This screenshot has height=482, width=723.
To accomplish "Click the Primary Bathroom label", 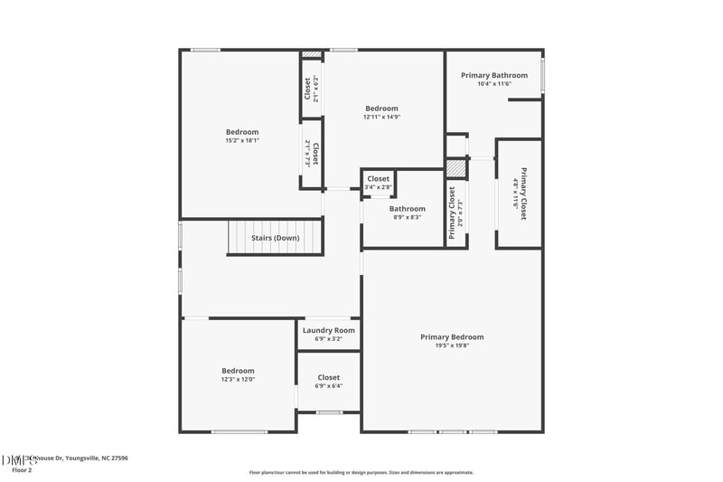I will point(493,75).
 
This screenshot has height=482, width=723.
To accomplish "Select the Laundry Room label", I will point(329,330).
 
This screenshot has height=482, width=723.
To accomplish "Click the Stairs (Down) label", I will point(275,238).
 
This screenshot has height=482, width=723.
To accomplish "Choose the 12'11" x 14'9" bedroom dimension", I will point(381,117).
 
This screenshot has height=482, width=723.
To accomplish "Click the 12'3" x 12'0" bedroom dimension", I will point(239,379).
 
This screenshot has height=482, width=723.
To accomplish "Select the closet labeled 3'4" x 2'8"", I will point(378,187).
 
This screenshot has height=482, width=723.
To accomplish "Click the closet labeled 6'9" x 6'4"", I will point(329,385).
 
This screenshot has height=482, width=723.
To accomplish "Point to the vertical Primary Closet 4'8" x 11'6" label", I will point(520,194).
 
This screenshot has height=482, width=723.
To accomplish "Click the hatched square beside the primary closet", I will point(457,169).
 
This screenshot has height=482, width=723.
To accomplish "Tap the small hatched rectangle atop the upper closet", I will point(312,54).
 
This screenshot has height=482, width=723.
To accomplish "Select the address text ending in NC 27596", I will point(77,458).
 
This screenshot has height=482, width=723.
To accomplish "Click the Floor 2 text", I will point(22,470).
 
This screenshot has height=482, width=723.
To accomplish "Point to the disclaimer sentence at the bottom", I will point(361,472).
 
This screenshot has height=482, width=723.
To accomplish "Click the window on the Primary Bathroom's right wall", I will point(542,75).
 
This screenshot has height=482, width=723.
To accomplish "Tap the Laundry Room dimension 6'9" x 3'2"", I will point(329,339).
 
